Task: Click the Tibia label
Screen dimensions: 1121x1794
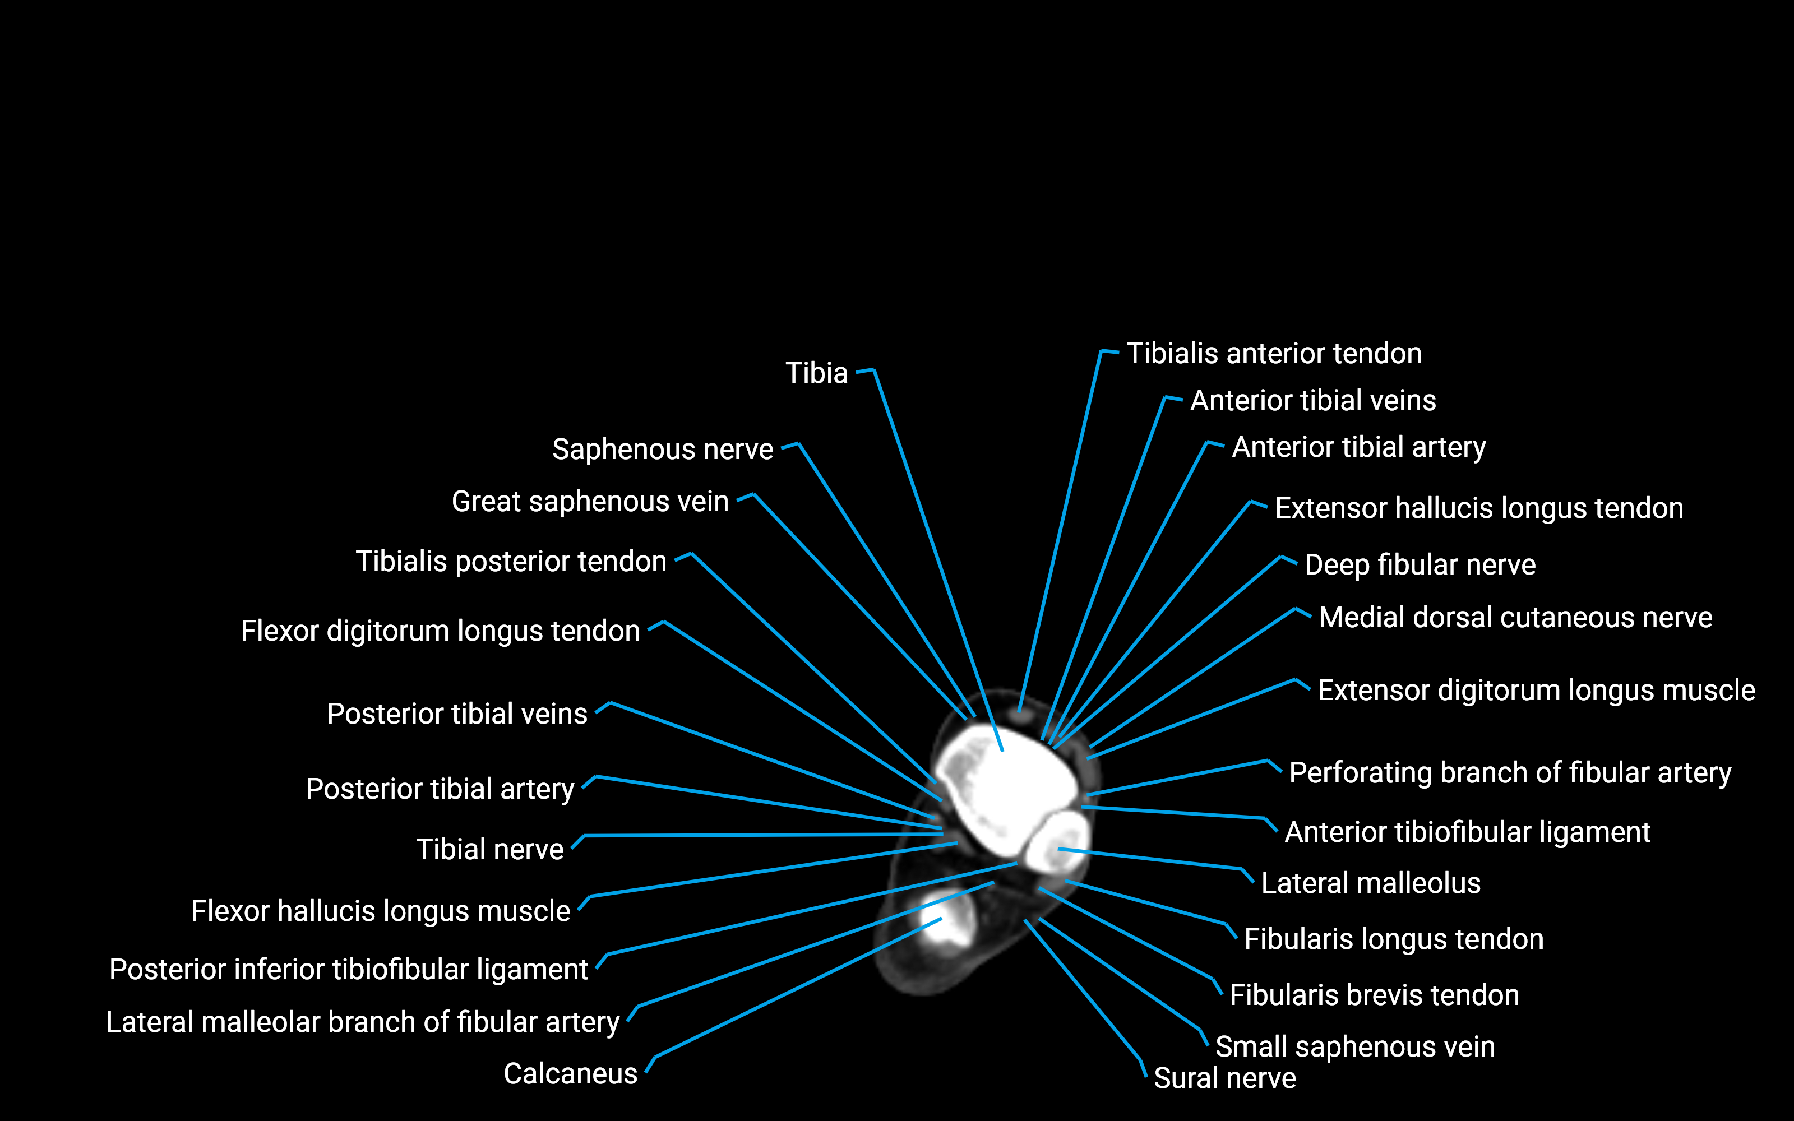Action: (816, 373)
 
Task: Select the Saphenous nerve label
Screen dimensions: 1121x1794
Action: (662, 450)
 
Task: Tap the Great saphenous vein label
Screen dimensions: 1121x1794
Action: (590, 502)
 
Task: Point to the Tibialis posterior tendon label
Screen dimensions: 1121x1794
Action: (511, 562)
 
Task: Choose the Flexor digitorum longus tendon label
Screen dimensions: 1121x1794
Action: (440, 631)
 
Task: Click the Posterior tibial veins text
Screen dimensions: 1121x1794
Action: (457, 714)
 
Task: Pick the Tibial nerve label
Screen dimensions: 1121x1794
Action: (489, 850)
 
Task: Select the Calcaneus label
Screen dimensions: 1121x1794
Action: (570, 1073)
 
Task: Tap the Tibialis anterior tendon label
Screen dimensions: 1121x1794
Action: (1274, 354)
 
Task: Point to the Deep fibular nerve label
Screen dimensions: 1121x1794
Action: (1420, 565)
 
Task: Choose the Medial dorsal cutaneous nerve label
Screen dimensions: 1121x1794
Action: (1515, 618)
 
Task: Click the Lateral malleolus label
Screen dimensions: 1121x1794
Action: (1370, 883)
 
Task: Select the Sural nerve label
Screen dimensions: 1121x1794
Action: (1224, 1078)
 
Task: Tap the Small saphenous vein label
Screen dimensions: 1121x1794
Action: (1354, 1047)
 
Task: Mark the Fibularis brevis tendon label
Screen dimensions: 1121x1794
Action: (1374, 995)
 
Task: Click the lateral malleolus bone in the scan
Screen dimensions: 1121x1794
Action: (1056, 841)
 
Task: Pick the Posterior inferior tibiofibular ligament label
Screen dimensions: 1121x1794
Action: (348, 970)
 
